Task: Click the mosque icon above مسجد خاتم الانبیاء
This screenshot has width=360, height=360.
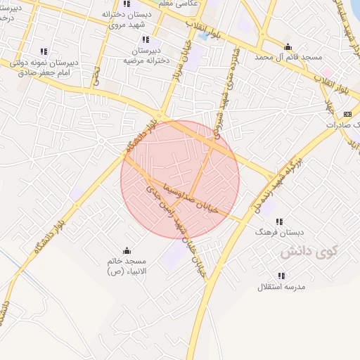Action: [127, 250]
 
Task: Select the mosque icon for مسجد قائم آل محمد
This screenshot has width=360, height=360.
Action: [288, 47]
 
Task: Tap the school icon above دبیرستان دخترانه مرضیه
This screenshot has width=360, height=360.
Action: [146, 40]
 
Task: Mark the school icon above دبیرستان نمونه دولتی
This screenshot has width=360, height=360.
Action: [44, 51]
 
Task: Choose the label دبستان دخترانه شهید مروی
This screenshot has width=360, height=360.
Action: [127, 19]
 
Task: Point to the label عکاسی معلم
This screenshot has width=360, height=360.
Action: [181, 4]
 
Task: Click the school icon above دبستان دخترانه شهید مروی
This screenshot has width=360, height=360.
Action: [127, 4]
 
